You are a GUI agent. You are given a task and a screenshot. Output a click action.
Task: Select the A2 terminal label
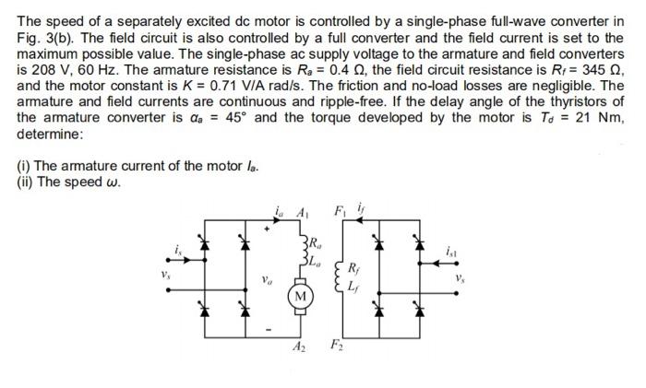[299, 347]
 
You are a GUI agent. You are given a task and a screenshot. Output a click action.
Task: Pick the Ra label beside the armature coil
[316, 243]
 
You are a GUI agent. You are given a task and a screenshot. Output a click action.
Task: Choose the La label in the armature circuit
[316, 259]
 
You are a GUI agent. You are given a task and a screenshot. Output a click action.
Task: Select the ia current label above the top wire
[280, 208]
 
